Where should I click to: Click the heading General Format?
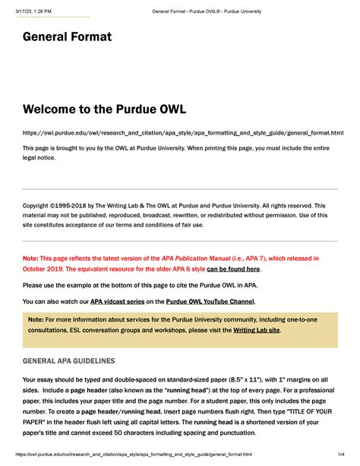pyautogui.click(x=67, y=36)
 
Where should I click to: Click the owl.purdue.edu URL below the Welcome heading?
pyautogui.click(x=182, y=133)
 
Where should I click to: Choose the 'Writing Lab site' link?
pyautogui.click(x=256, y=330)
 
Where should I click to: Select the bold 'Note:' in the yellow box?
pyautogui.click(x=36, y=319)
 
